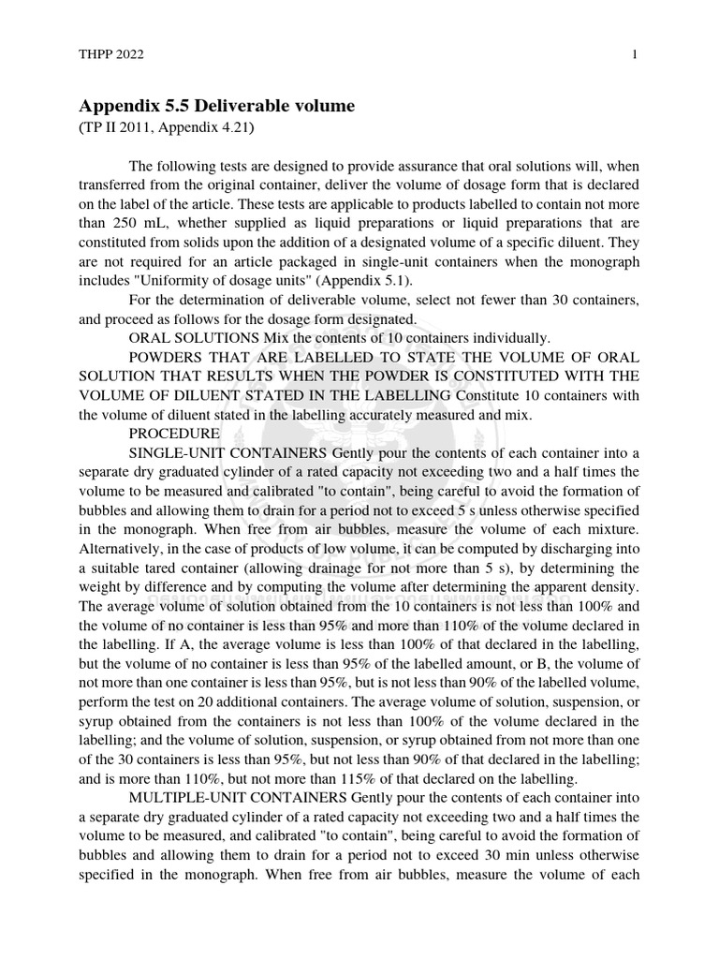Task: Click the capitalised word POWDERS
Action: click(x=169, y=357)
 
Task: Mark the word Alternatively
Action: click(x=125, y=549)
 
